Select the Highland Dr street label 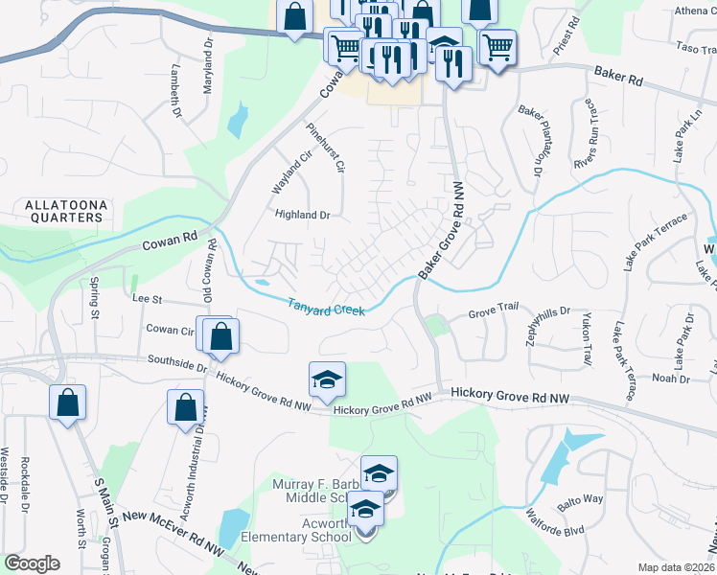(302, 215)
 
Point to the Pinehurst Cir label (325, 149)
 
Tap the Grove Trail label (493, 313)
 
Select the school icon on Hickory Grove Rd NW (327, 380)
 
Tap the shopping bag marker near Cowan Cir (220, 336)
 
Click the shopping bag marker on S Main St (67, 405)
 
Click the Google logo (32, 563)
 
